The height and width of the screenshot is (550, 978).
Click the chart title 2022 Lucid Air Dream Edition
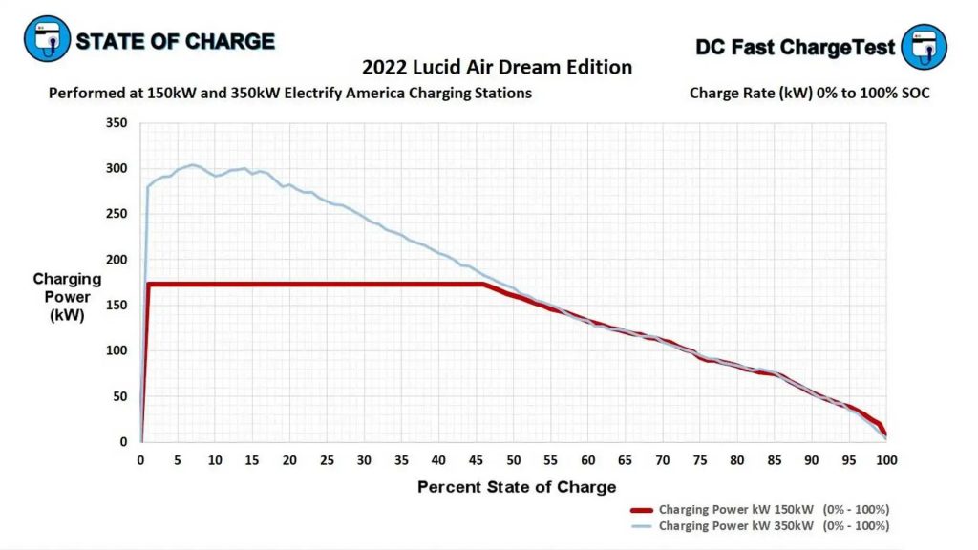497,68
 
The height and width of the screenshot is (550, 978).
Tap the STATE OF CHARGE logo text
175,42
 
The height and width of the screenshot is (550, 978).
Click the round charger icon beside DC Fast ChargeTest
924,47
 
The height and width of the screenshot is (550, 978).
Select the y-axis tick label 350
116,123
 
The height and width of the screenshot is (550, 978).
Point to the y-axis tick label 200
116,260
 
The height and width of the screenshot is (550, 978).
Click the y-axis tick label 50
119,396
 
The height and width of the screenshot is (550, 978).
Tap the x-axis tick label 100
886,460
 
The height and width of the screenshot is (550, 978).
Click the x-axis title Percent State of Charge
517,487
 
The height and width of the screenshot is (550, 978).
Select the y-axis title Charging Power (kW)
67,297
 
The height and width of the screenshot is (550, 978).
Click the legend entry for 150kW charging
774,509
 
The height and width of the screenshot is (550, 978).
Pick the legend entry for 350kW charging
774,526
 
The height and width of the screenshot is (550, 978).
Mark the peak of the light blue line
192,164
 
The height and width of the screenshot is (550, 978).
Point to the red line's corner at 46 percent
484,284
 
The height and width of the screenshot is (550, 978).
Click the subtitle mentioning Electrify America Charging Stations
289,94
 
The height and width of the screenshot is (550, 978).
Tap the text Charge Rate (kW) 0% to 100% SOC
809,94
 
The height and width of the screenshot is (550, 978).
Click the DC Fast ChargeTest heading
795,47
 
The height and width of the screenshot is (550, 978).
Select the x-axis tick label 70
662,460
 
